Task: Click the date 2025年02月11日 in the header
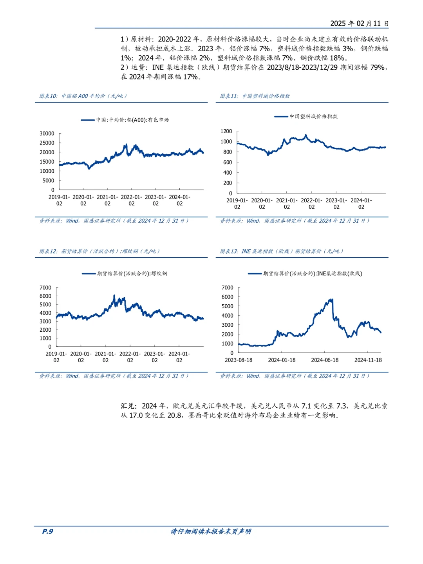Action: [x=359, y=23]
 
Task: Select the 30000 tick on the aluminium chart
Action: [x=47, y=133]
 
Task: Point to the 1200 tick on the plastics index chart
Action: [x=226, y=131]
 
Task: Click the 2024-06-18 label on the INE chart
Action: [x=325, y=360]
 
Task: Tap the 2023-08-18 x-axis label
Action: [x=239, y=360]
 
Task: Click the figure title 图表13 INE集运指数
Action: [x=281, y=251]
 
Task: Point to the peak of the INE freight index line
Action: [x=333, y=299]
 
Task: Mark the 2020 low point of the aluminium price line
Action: [x=89, y=168]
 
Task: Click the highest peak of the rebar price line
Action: [x=114, y=295]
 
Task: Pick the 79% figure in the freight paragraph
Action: [x=377, y=67]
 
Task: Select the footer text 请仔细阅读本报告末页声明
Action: [x=211, y=531]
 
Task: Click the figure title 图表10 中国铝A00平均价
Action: [x=83, y=96]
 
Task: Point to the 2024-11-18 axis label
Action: [x=368, y=360]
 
